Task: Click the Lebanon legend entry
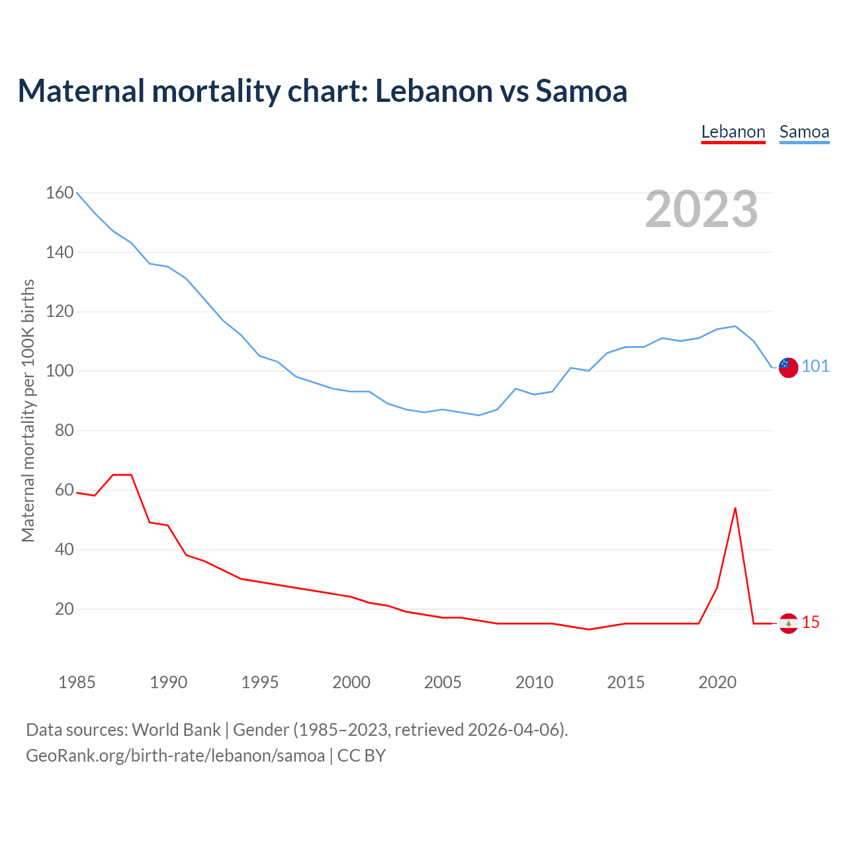pos(733,132)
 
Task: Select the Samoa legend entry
pos(804,132)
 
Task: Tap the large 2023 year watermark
pos(701,209)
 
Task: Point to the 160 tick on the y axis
pos(60,193)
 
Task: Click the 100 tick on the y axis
pos(60,371)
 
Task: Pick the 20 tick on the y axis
pos(64,609)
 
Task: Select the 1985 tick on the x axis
pos(77,682)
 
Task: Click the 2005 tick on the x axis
pos(443,682)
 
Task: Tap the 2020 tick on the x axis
pos(717,682)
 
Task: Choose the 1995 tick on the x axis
pos(259,682)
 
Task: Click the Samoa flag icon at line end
pos(788,367)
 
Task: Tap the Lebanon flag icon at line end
pos(788,623)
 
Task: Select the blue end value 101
pos(815,367)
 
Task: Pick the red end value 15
pos(811,623)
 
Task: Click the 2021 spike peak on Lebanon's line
pos(735,508)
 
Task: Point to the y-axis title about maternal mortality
pos(28,410)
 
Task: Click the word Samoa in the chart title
pos(581,91)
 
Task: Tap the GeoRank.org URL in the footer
pos(175,756)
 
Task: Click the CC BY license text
pos(361,756)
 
